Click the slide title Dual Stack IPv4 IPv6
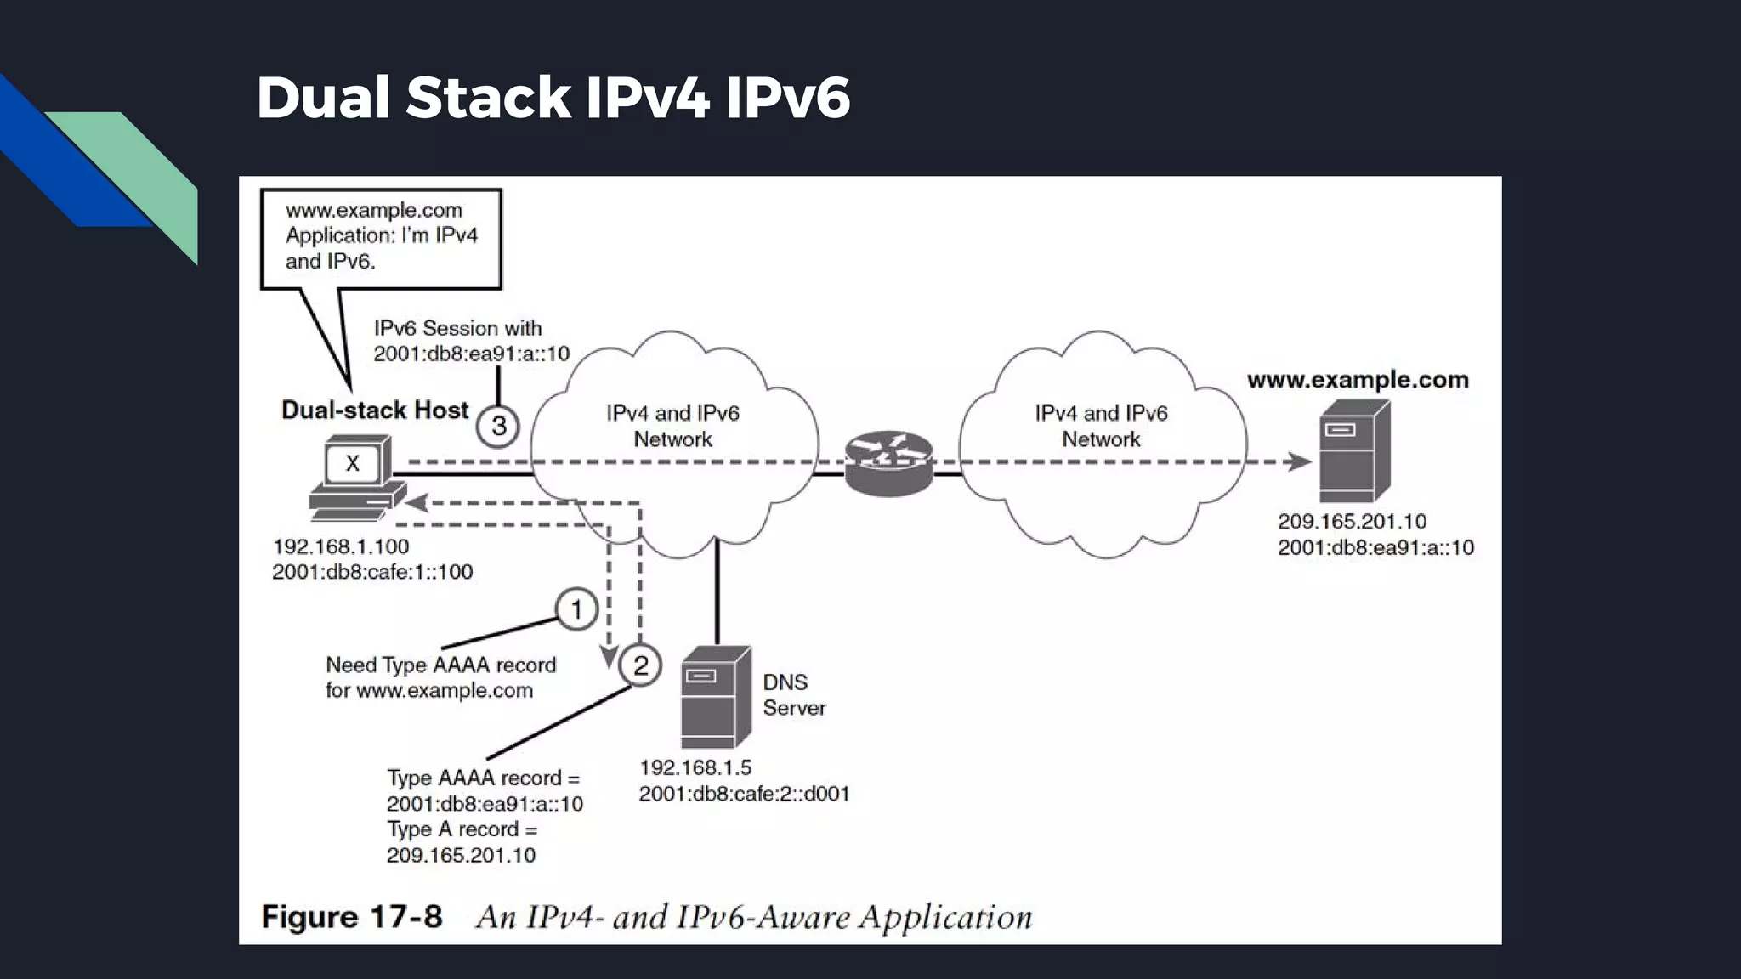[553, 97]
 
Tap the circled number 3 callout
[498, 425]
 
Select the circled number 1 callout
[576, 609]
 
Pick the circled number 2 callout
[640, 665]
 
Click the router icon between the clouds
[888, 463]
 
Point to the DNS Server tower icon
[716, 697]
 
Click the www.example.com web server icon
[1353, 452]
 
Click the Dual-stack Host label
[375, 410]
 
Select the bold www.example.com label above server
[1358, 380]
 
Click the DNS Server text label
[793, 694]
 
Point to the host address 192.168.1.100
[341, 546]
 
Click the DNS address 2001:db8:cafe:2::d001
[744, 794]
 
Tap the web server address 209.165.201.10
[1352, 522]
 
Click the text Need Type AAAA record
[440, 665]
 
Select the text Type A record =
[462, 829]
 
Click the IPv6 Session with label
[457, 328]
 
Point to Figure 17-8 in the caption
[352, 917]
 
